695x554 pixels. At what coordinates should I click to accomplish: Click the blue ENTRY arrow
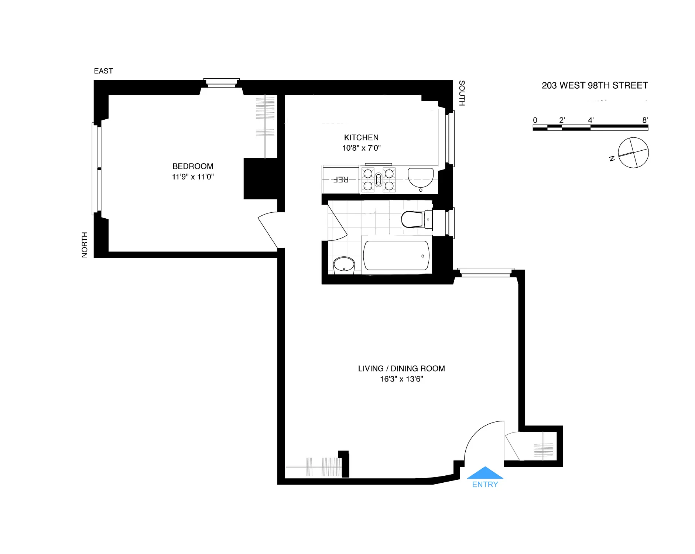tap(485, 473)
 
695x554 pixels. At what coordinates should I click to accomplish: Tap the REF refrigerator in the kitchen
tap(340, 180)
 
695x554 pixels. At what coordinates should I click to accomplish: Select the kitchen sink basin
tap(421, 177)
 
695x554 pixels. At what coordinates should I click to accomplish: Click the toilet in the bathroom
tap(413, 219)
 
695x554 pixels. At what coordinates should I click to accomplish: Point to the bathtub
tap(396, 256)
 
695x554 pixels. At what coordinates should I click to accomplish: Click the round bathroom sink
tap(344, 265)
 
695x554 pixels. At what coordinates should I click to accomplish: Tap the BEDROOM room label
tap(193, 166)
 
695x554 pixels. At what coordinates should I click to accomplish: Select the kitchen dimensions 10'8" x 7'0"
tap(361, 148)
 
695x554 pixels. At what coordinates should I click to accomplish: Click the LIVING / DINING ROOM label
tap(401, 369)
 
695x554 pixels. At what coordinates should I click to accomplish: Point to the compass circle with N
tap(633, 153)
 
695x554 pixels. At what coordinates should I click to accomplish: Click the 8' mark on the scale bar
tap(645, 120)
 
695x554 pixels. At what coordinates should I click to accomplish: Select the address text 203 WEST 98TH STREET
tap(595, 86)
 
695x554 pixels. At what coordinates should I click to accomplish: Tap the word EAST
tap(103, 71)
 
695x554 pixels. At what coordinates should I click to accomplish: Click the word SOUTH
tap(462, 93)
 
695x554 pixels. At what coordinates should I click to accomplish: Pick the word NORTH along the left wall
tap(85, 244)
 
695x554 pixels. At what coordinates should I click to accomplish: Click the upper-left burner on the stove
tap(368, 173)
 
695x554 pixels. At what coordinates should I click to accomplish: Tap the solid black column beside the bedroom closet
tap(260, 179)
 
